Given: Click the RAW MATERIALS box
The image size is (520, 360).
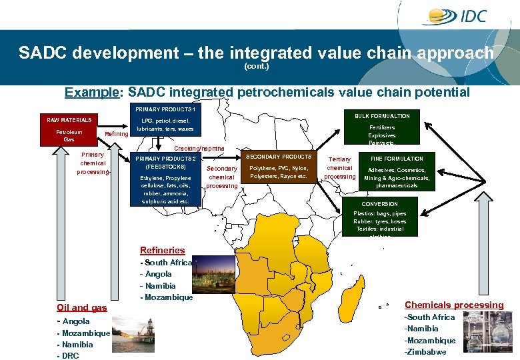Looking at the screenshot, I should pyautogui.click(x=69, y=120).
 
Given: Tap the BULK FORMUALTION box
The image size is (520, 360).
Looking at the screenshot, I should pyautogui.click(x=382, y=115).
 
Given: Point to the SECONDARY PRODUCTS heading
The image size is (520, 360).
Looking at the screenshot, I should pyautogui.click(x=279, y=157).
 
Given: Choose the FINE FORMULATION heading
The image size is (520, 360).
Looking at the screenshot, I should pyautogui.click(x=397, y=159).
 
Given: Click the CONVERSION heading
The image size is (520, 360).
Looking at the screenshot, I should pyautogui.click(x=379, y=204).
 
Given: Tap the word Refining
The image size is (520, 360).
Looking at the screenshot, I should pyautogui.click(x=117, y=135).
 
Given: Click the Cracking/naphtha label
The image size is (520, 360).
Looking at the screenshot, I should pyautogui.click(x=200, y=148).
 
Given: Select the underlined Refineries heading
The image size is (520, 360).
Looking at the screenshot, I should pyautogui.click(x=162, y=250).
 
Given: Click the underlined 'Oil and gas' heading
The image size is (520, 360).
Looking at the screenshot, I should pyautogui.click(x=81, y=307).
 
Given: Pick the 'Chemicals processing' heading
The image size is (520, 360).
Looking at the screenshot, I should pyautogui.click(x=454, y=305).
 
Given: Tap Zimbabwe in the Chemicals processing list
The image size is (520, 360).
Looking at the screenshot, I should pyautogui.click(x=427, y=352).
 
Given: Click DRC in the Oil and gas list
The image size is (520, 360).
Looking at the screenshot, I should pyautogui.click(x=70, y=356).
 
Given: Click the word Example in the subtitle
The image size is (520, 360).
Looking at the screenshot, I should pyautogui.click(x=87, y=93).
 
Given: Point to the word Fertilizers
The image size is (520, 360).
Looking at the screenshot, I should pyautogui.click(x=382, y=127).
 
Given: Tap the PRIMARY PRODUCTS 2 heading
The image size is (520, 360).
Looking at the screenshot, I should pyautogui.click(x=165, y=159).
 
